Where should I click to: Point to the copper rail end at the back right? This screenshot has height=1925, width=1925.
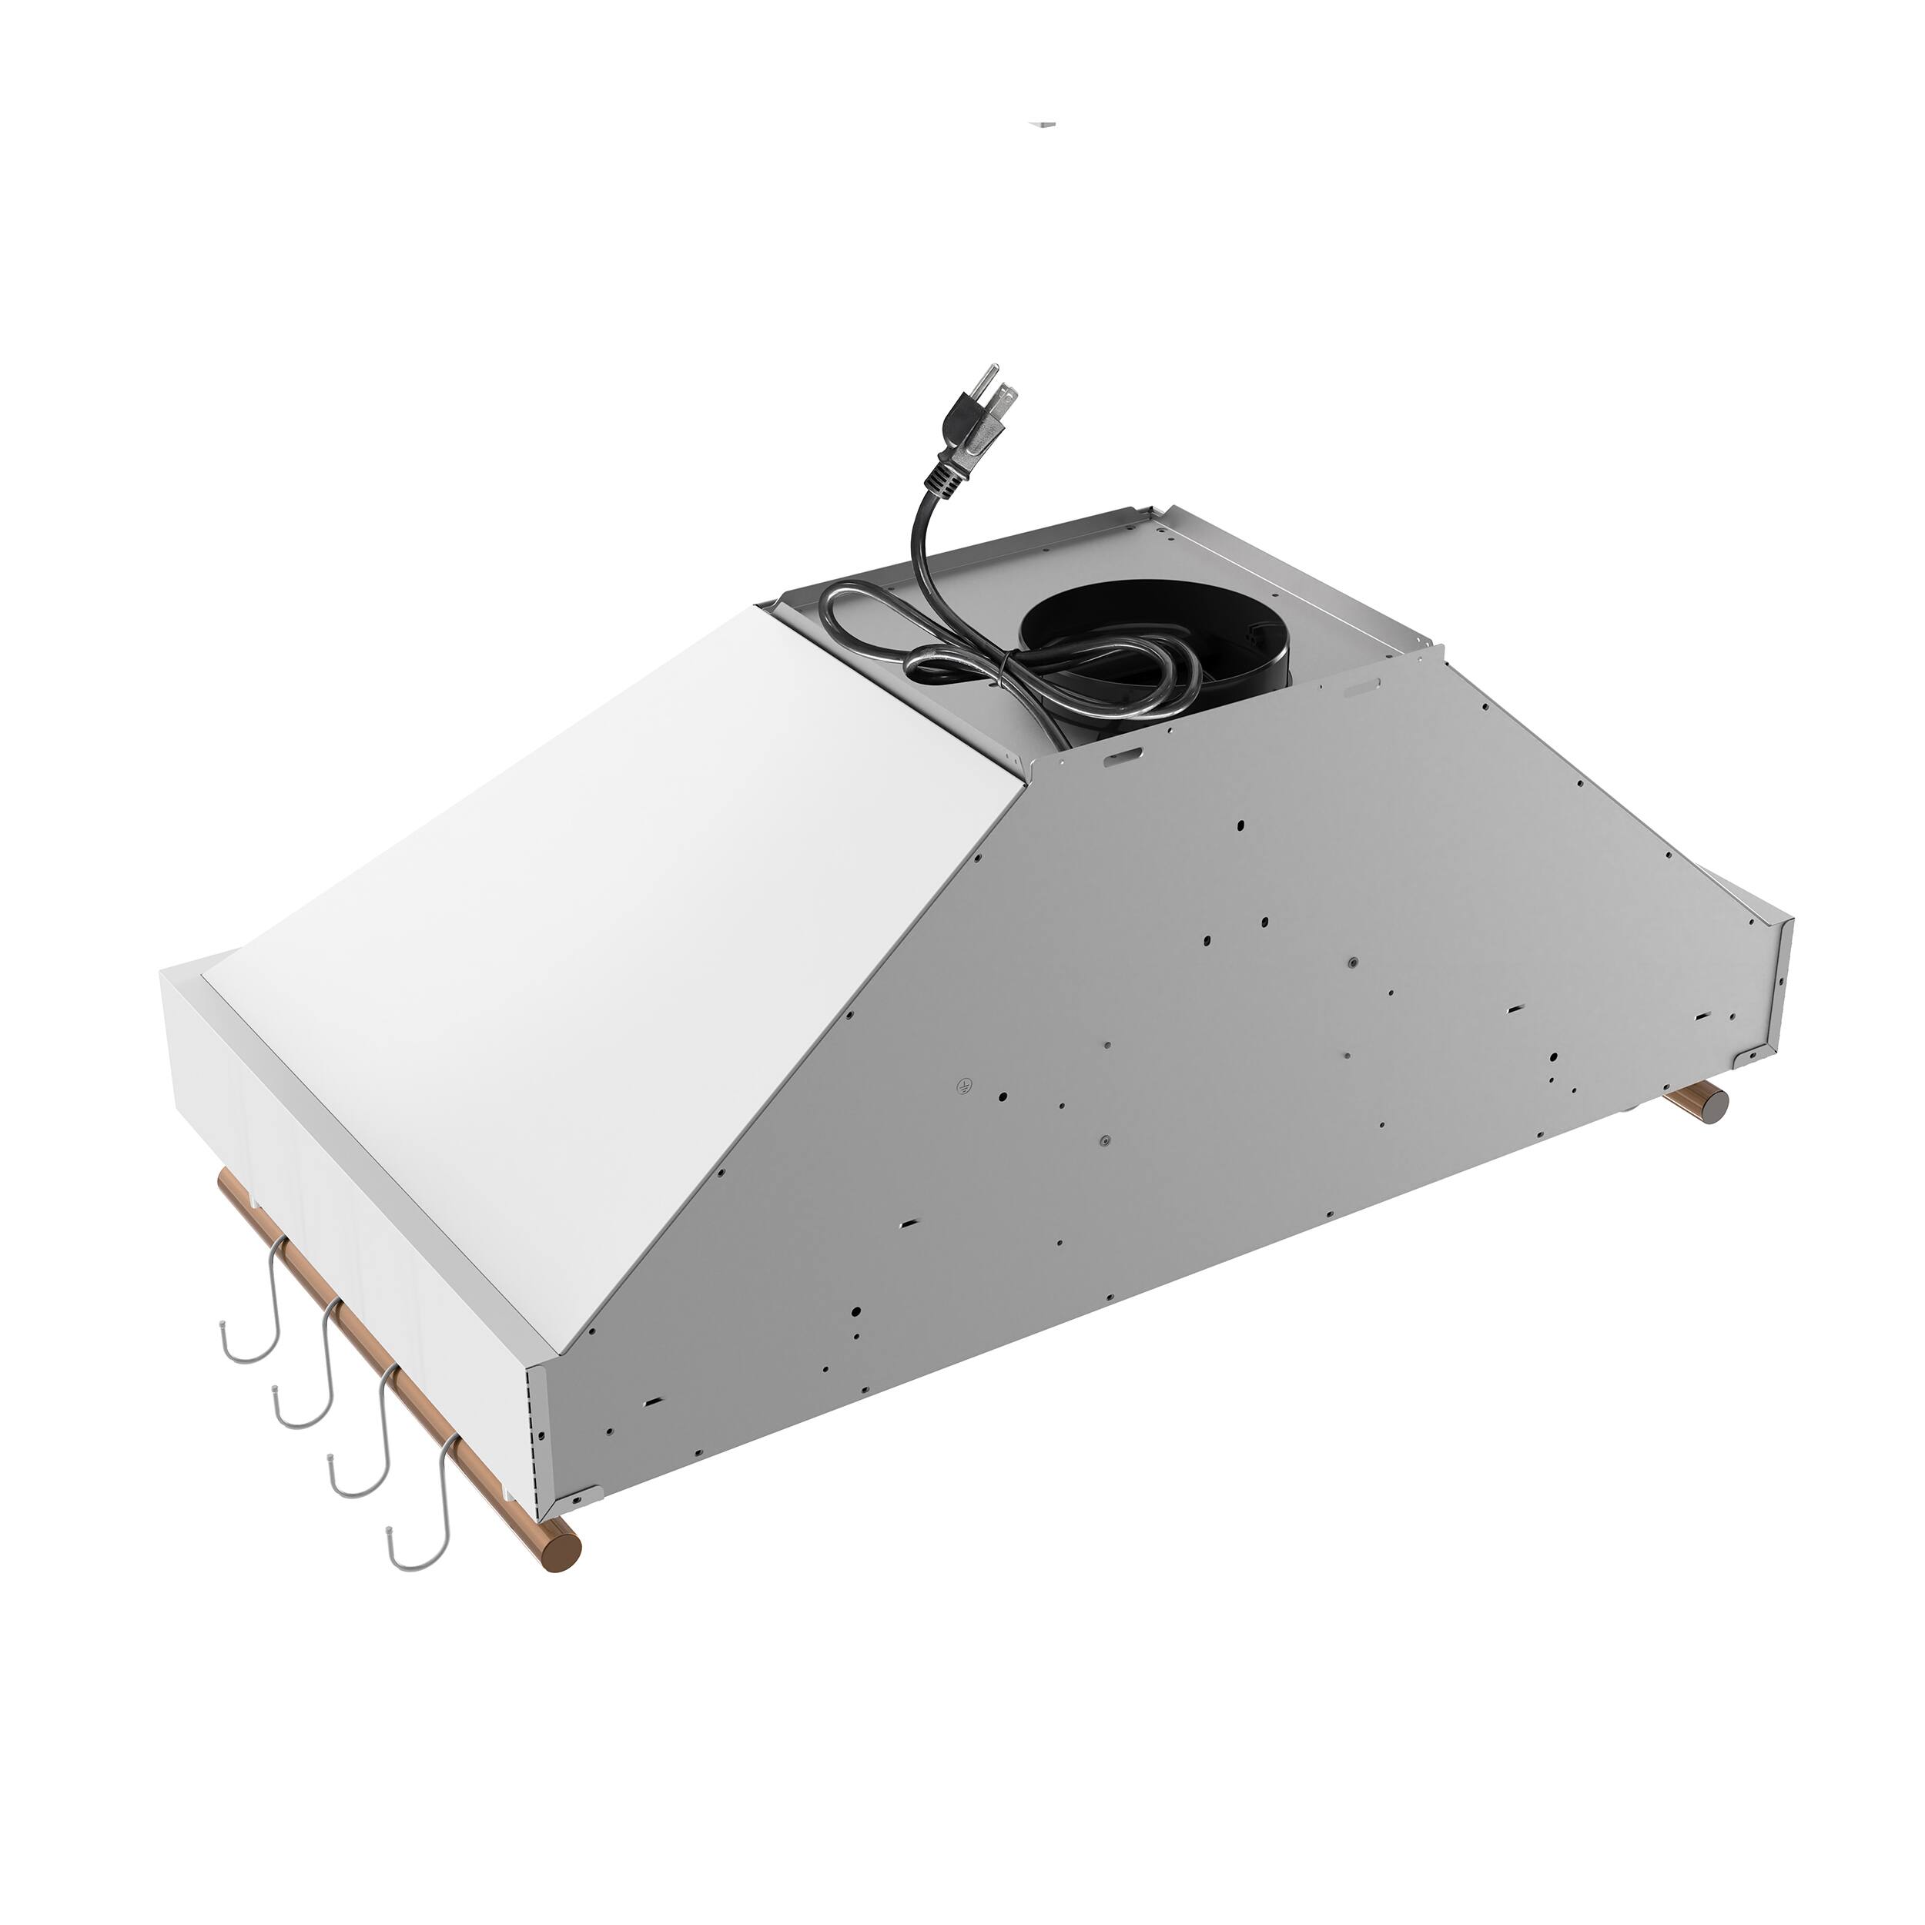click(1715, 1105)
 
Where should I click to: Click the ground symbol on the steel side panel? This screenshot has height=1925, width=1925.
click(963, 1085)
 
